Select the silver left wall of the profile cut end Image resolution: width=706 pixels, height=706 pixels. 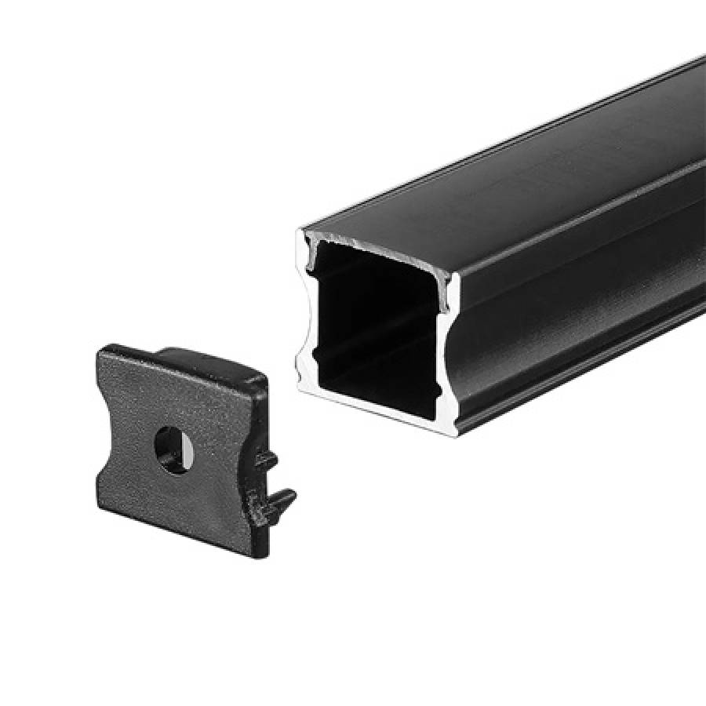point(304,314)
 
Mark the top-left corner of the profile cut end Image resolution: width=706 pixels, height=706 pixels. point(303,231)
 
